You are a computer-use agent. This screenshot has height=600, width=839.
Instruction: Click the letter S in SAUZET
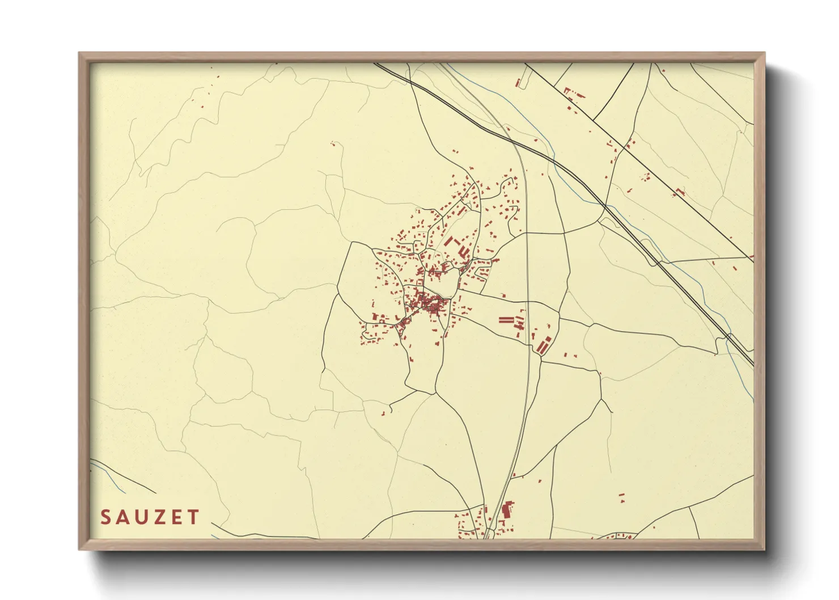(x=106, y=517)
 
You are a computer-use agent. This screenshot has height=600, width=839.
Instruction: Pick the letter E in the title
(x=178, y=517)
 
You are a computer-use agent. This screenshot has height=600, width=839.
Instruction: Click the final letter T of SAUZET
(x=194, y=517)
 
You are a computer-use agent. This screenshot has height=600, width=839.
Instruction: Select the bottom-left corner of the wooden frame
(x=80, y=548)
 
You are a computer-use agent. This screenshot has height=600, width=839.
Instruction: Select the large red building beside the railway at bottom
(x=507, y=509)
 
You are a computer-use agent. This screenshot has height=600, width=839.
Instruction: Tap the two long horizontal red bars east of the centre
(x=506, y=320)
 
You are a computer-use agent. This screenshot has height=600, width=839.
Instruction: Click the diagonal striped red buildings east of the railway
(x=544, y=344)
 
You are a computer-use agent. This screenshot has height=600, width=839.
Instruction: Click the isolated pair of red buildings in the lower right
(x=621, y=497)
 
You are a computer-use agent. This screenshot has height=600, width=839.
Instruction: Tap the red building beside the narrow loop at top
(x=518, y=83)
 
